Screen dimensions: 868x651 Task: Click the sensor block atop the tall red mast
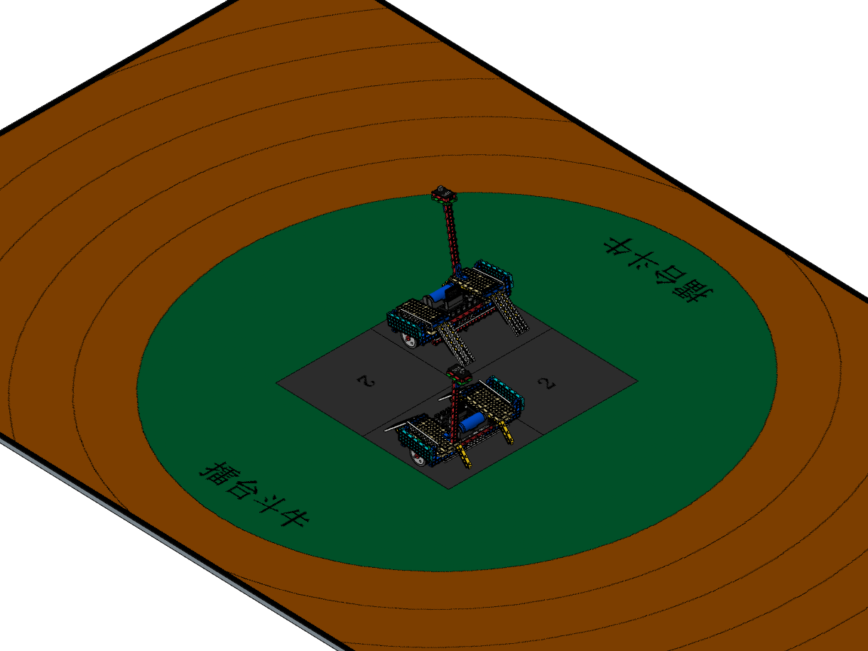coord(444,194)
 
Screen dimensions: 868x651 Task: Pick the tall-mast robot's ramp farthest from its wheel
coord(510,315)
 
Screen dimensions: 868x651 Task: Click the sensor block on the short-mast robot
coord(459,374)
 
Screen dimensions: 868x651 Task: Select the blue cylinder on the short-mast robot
coord(472,422)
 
